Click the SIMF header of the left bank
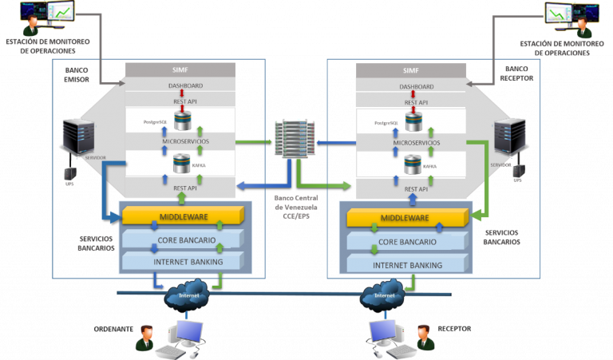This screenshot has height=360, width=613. pos(180,70)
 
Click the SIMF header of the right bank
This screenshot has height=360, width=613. pos(411,70)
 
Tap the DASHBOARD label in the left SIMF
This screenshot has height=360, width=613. pos(180,85)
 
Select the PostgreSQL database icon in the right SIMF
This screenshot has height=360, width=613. pos(413,122)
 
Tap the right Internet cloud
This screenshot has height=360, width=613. pos(385,295)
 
